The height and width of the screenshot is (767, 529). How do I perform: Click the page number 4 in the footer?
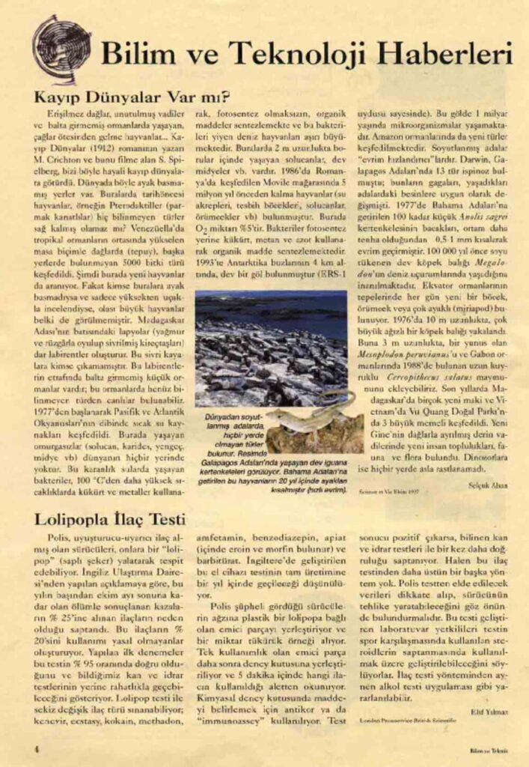coord(36,748)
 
